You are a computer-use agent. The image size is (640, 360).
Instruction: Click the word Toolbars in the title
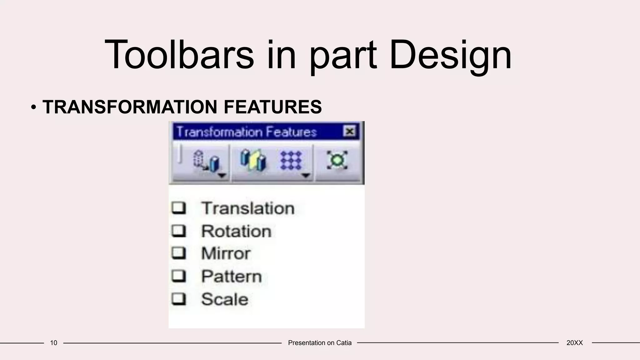[179, 55]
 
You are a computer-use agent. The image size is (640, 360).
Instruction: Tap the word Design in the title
[450, 55]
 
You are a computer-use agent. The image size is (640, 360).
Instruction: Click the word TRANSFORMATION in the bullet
[130, 107]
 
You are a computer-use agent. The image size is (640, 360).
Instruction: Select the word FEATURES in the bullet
[272, 107]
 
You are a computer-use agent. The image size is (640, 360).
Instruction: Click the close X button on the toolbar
[350, 131]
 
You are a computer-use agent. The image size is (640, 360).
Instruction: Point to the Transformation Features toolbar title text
[247, 132]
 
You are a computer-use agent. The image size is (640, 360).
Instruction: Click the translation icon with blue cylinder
[206, 161]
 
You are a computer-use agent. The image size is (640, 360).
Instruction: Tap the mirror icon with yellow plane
[253, 160]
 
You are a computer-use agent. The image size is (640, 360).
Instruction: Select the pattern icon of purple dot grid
[291, 160]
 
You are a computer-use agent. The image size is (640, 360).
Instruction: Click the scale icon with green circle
[337, 160]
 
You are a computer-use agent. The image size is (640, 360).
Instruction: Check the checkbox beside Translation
[179, 208]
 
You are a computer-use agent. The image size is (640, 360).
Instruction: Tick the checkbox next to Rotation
[179, 231]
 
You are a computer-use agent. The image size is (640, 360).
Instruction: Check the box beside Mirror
[179, 253]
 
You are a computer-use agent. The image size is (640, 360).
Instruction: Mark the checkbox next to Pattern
[179, 276]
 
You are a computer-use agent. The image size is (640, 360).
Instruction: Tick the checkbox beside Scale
[179, 299]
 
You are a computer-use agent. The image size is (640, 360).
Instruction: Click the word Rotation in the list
[236, 231]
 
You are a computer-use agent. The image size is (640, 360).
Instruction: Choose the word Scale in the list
[225, 299]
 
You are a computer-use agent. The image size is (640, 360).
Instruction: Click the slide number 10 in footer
[54, 343]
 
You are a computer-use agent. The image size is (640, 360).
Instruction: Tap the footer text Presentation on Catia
[320, 343]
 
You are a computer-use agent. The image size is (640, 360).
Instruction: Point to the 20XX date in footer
[574, 343]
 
